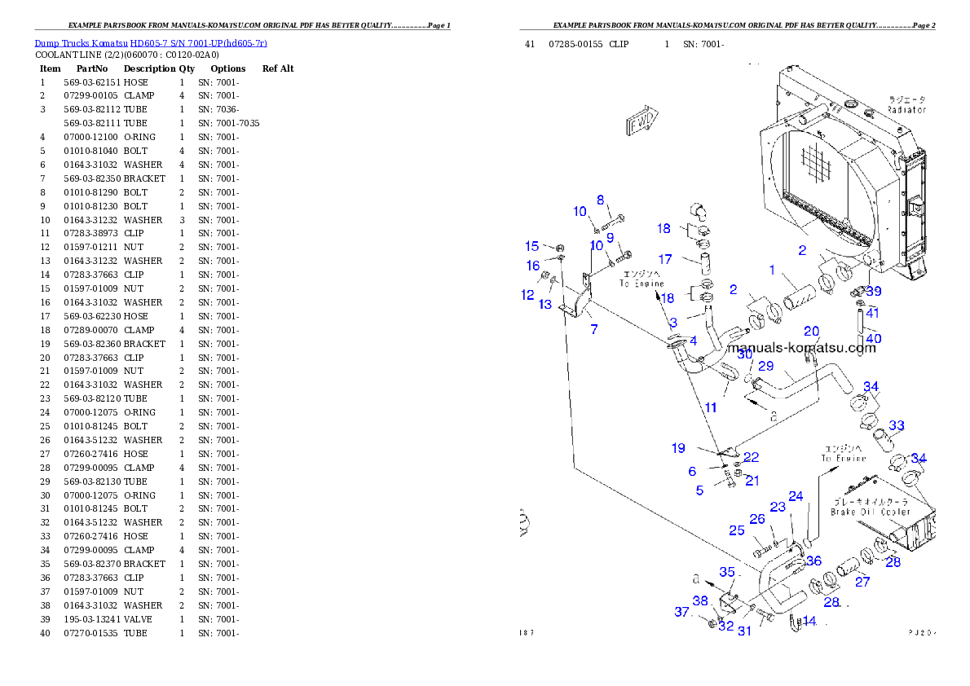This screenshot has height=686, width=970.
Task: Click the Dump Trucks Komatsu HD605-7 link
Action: [151, 42]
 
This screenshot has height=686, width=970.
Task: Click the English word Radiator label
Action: [906, 109]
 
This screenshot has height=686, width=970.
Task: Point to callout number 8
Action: [601, 200]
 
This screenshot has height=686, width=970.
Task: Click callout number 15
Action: [531, 246]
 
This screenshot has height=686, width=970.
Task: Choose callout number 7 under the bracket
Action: [594, 329]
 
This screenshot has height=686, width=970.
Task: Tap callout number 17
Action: [665, 259]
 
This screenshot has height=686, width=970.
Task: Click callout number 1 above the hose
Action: [772, 270]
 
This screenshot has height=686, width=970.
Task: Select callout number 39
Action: [874, 291]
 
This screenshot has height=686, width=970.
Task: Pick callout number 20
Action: [811, 331]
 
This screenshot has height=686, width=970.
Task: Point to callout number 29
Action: [765, 366]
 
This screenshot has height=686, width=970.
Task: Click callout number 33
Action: [897, 425]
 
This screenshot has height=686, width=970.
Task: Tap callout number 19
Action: [678, 447]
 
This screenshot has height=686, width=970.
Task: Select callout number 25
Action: [737, 530]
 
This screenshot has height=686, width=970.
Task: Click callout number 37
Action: [681, 612]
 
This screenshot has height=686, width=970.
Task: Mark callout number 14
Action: [809, 621]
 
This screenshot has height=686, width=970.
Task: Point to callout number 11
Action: [711, 407]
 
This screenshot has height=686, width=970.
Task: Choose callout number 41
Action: [873, 313]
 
